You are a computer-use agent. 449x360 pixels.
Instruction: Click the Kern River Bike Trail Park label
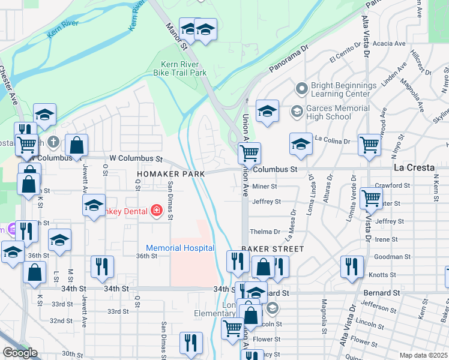coord(184,68)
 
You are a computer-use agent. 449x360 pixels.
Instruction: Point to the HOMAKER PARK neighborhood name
coord(170,173)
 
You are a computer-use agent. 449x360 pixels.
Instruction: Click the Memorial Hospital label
coord(180,248)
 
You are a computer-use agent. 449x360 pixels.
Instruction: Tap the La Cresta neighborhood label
coord(413,167)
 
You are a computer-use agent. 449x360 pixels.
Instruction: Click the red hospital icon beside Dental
coord(157,210)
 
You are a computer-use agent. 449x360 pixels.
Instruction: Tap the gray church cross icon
coord(53,142)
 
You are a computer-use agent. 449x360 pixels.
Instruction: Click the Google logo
coord(20,353)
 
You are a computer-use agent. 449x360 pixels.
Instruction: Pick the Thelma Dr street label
coord(265,232)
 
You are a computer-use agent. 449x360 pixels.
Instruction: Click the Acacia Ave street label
coord(389,44)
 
